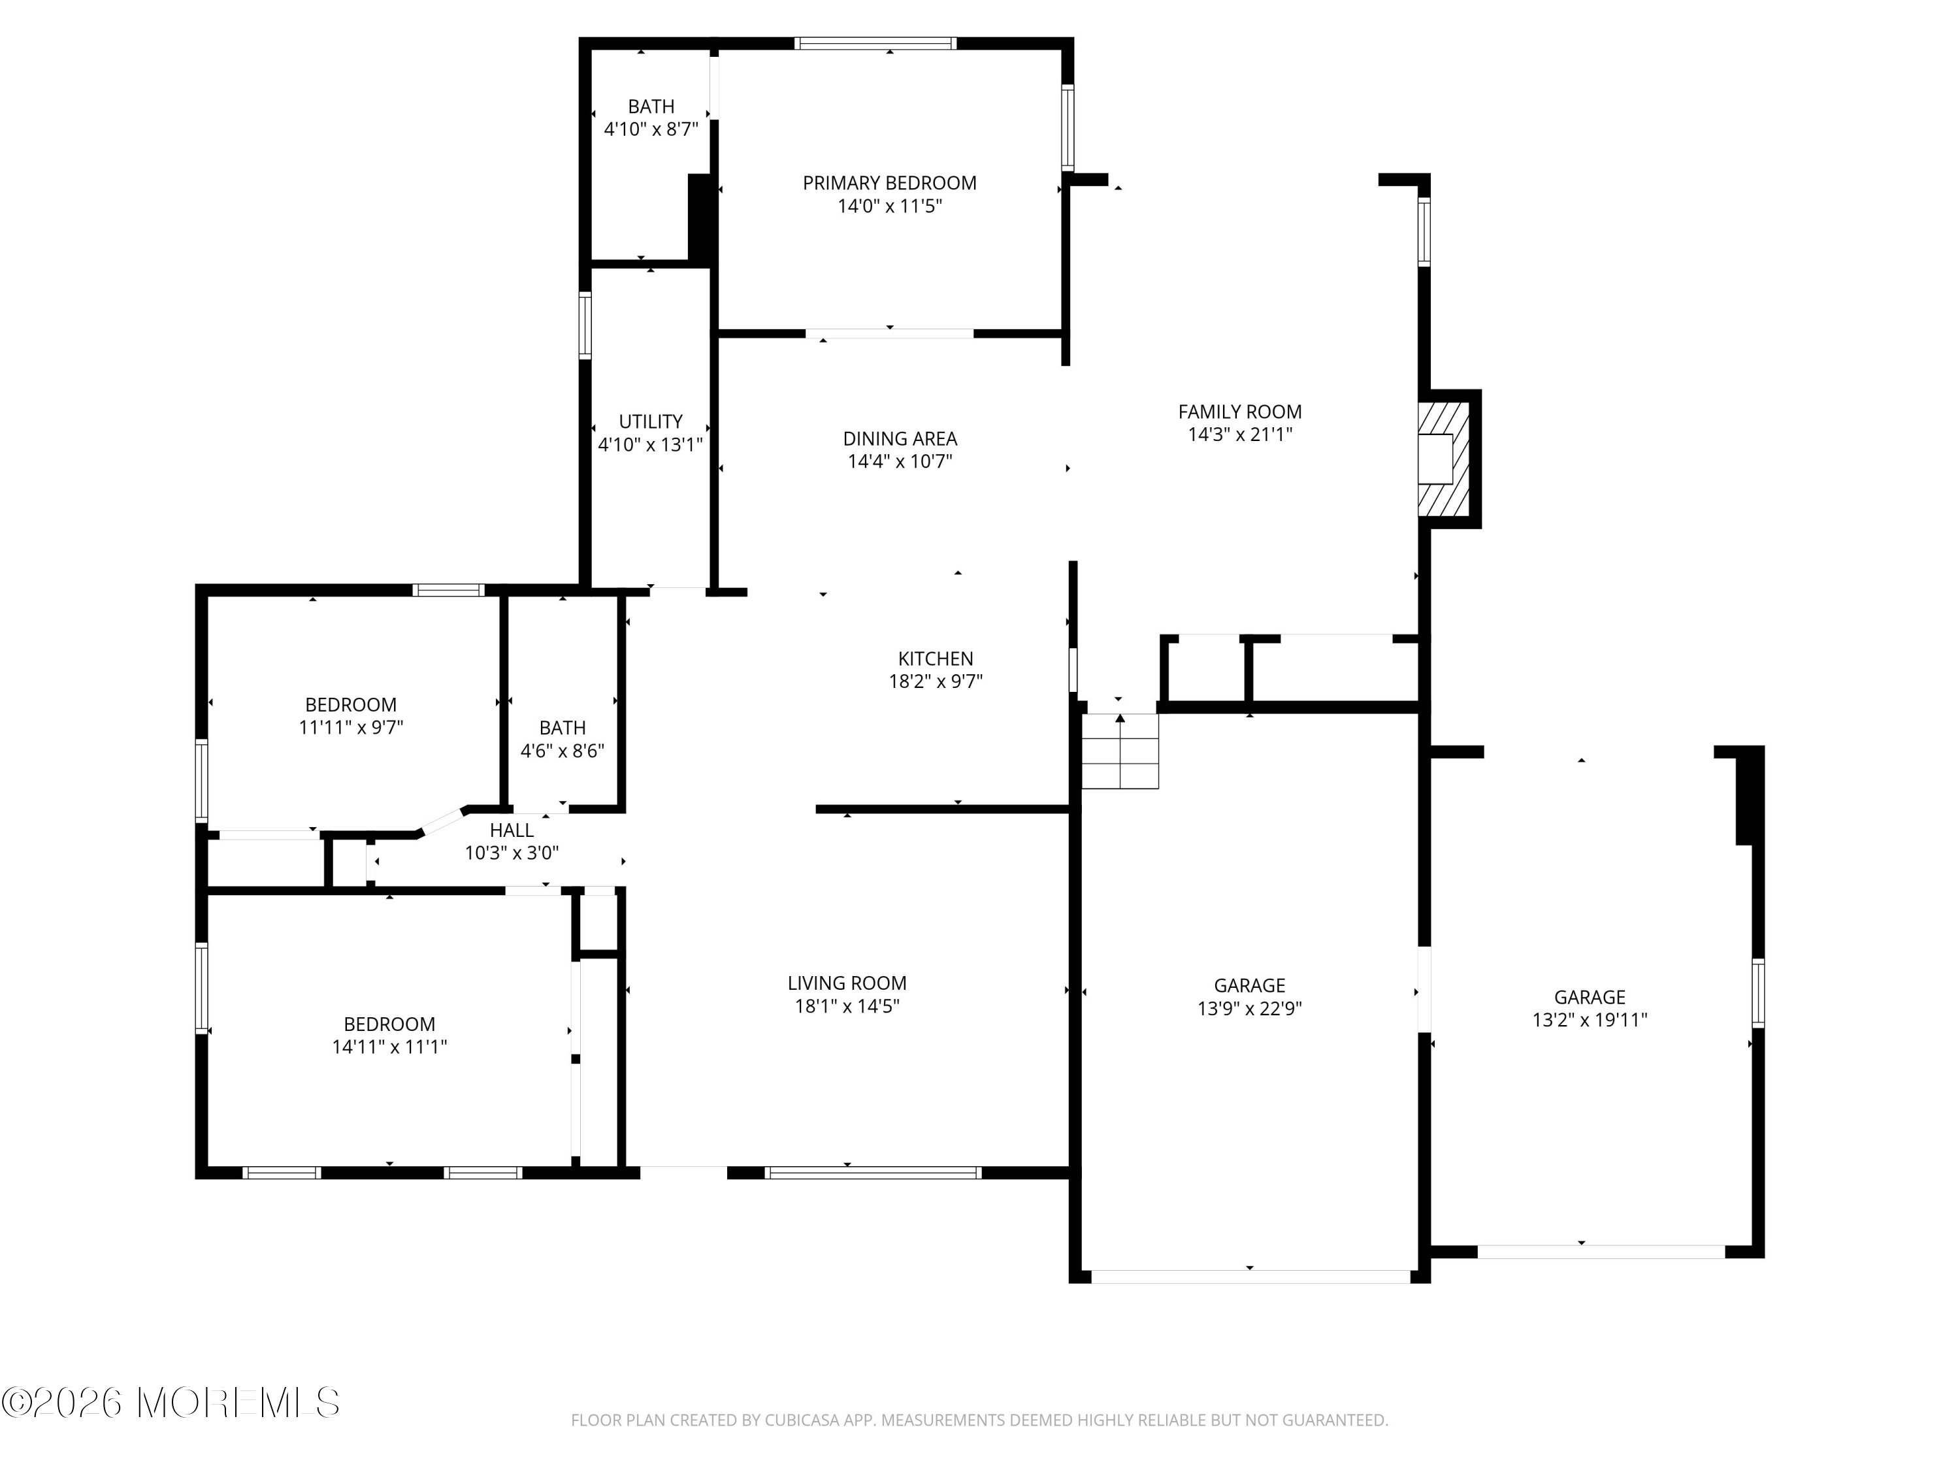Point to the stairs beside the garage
point(1120,751)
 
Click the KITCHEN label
point(936,659)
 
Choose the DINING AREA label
point(900,438)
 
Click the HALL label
point(512,830)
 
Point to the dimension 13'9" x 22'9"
point(1249,1008)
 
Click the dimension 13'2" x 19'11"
point(1590,1020)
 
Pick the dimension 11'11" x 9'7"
point(351,727)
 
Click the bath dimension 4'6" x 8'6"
point(562,751)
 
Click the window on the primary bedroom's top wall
point(875,42)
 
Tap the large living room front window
point(873,1172)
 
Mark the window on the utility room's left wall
point(585,325)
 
